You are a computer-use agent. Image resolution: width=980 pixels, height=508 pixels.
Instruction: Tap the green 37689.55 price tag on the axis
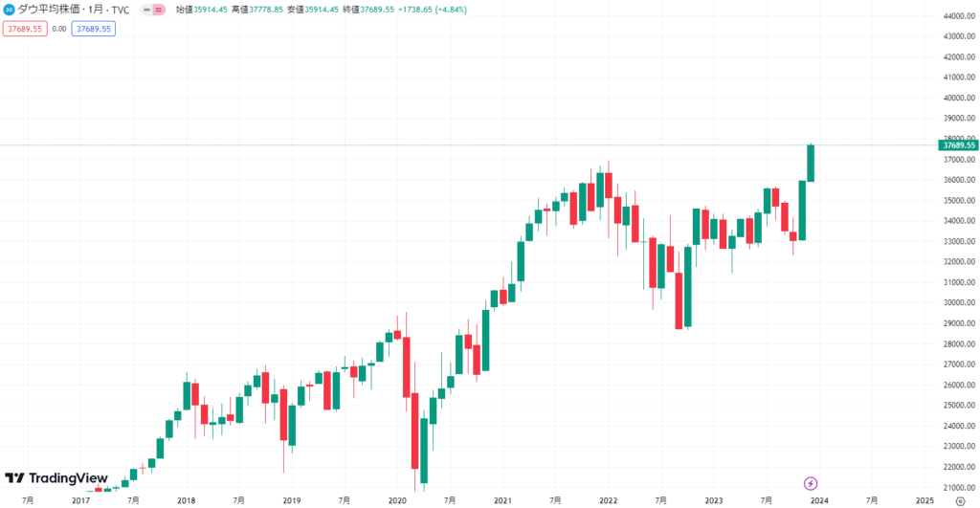pyautogui.click(x=958, y=144)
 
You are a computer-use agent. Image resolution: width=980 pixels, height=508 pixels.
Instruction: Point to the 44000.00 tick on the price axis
pyautogui.click(x=958, y=16)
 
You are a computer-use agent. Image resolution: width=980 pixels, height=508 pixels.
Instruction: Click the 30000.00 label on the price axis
pyautogui.click(x=958, y=302)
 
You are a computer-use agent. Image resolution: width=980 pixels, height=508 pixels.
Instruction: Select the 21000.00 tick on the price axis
pyautogui.click(x=958, y=487)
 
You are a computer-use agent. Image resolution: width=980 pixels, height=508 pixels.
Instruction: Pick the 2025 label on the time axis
pyautogui.click(x=924, y=499)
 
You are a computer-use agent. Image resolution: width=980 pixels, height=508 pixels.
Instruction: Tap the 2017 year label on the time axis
pyautogui.click(x=80, y=499)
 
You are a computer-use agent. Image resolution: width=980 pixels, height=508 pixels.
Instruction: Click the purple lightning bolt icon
pyautogui.click(x=811, y=483)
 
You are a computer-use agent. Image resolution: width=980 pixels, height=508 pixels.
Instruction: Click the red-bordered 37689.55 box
pyautogui.click(x=24, y=29)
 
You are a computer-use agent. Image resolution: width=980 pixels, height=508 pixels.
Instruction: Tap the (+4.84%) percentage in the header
pyautogui.click(x=445, y=9)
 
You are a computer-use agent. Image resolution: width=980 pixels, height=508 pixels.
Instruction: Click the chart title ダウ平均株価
pyautogui.click(x=49, y=9)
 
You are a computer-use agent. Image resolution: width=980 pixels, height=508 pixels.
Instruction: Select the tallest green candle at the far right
pyautogui.click(x=811, y=163)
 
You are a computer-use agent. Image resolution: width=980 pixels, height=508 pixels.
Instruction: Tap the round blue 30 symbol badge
pyautogui.click(x=10, y=9)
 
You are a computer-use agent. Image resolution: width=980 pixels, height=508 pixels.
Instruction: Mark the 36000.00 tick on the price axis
pyautogui.click(x=958, y=180)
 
